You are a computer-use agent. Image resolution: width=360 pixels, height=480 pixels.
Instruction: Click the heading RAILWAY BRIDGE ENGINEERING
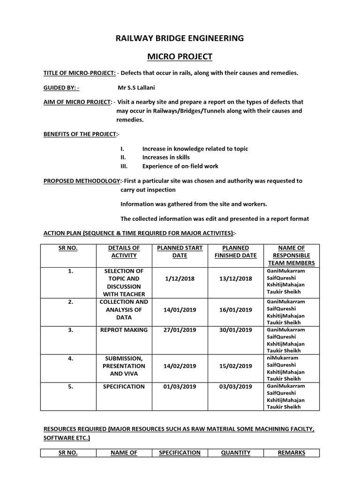click(180, 38)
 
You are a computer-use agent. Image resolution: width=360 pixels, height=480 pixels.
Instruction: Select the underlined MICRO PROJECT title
click(180, 57)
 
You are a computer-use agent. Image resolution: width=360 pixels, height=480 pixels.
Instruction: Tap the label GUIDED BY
click(61, 87)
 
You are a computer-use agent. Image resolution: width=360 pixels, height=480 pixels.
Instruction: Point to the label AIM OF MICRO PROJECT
click(78, 102)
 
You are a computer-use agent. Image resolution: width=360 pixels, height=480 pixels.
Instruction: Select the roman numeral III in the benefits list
click(124, 166)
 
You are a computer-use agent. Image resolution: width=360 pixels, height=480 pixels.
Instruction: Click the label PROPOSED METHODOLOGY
click(82, 180)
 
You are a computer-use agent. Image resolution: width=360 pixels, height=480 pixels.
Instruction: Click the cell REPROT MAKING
click(124, 330)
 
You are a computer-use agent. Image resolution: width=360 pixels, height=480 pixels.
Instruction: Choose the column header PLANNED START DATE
click(180, 252)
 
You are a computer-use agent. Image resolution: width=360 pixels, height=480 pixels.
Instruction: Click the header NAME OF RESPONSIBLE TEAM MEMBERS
click(291, 255)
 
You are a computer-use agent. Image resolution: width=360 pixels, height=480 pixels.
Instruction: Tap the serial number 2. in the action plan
click(70, 302)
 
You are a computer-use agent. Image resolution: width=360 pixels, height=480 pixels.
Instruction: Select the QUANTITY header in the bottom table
click(236, 453)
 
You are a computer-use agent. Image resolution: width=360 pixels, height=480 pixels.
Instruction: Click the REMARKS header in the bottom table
click(291, 453)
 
